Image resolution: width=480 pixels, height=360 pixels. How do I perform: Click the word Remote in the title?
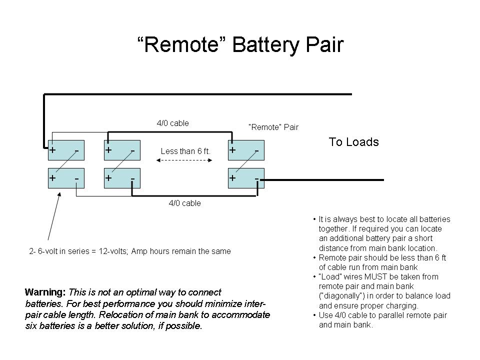[181, 45]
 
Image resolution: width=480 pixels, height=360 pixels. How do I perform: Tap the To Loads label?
[353, 142]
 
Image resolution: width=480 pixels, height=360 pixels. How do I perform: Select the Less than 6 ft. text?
[185, 151]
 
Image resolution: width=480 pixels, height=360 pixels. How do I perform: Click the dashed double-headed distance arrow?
[185, 160]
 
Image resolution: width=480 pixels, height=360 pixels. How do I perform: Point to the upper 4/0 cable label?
[172, 123]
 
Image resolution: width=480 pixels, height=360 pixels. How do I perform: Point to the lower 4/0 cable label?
[184, 203]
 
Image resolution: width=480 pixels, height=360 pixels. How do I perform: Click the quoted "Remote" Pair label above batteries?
[273, 127]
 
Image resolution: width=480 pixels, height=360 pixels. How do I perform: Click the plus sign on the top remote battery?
[232, 150]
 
